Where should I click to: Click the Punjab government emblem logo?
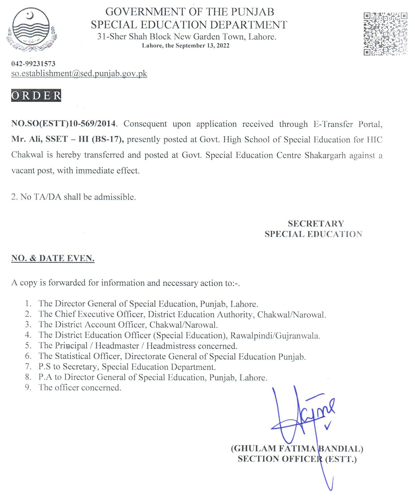click(x=31, y=29)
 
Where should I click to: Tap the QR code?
click(x=385, y=33)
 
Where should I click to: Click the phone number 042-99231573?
click(x=33, y=64)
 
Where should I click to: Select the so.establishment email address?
click(x=79, y=74)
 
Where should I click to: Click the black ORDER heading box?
click(x=36, y=95)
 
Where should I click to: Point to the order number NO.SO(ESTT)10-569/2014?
click(x=64, y=123)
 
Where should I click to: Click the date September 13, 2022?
click(x=202, y=46)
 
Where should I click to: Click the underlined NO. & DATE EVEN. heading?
click(x=53, y=258)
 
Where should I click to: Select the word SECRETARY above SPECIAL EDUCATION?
click(x=316, y=224)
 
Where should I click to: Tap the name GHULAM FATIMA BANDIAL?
click(x=297, y=448)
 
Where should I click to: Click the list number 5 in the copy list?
click(x=28, y=345)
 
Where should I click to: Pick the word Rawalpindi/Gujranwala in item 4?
click(x=275, y=335)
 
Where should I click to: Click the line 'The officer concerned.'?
click(x=80, y=387)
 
